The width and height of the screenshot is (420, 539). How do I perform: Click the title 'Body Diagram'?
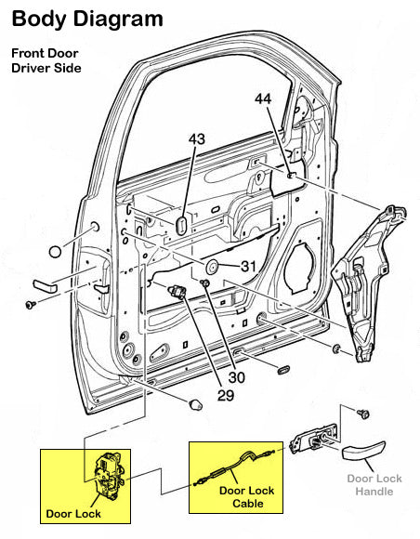click(x=87, y=18)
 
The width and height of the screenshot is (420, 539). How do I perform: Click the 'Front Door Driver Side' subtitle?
click(x=46, y=60)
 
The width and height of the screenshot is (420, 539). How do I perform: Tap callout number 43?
click(x=196, y=139)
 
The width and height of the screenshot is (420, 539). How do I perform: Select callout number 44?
click(x=264, y=99)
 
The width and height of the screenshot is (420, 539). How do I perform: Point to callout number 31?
click(x=247, y=267)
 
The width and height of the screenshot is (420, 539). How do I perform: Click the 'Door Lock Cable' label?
click(x=241, y=497)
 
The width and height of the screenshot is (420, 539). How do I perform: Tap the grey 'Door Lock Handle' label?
click(x=374, y=484)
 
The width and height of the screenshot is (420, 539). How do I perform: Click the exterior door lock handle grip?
click(x=363, y=453)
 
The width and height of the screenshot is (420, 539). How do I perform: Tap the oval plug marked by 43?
click(x=182, y=224)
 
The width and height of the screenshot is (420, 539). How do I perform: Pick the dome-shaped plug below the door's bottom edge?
click(x=195, y=404)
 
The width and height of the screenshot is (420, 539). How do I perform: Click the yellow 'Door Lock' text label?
click(x=72, y=512)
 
